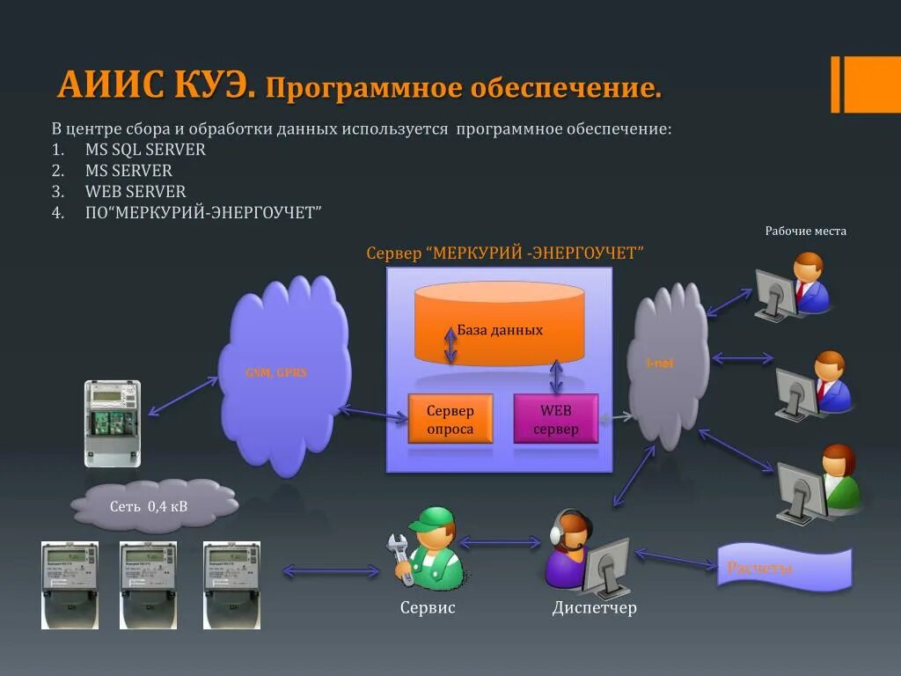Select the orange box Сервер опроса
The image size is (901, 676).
[x=450, y=419]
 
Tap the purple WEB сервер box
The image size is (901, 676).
[x=556, y=419]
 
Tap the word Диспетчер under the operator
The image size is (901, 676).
[x=594, y=608]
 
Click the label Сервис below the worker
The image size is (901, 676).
[x=428, y=608]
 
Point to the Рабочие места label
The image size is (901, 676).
[x=805, y=231]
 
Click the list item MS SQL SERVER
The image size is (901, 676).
[x=145, y=150]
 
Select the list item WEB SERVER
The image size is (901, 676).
[x=136, y=192]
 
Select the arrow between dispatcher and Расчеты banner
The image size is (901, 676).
[x=675, y=559]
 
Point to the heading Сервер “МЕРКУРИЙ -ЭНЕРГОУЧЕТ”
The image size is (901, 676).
[x=505, y=253]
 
